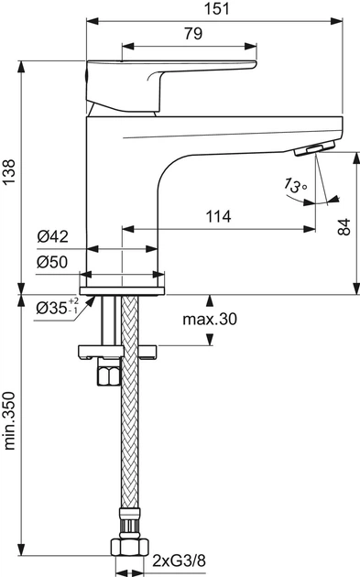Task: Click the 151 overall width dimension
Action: click(215, 7)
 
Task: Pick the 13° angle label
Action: click(293, 187)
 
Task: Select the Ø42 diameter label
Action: click(54, 236)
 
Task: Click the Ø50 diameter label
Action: click(54, 262)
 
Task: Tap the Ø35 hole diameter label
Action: click(51, 309)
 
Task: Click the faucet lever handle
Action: click(174, 80)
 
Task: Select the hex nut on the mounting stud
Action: click(108, 376)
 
